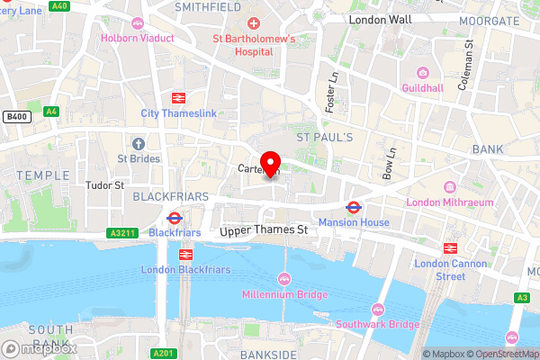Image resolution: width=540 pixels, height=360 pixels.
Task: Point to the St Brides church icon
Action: (138, 144)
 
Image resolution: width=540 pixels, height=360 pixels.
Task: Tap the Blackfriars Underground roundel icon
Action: (173, 217)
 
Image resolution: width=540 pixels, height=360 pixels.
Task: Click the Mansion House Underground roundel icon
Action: (354, 207)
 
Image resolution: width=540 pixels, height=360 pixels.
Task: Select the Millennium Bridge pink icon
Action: (285, 278)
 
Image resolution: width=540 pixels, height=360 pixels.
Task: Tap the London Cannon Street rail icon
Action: (448, 247)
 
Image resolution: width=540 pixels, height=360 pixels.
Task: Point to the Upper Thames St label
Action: (264, 231)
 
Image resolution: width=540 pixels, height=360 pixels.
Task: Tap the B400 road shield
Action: (15, 116)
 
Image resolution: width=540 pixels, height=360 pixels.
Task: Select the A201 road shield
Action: (162, 352)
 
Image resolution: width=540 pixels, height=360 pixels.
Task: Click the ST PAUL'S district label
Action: (325, 136)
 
